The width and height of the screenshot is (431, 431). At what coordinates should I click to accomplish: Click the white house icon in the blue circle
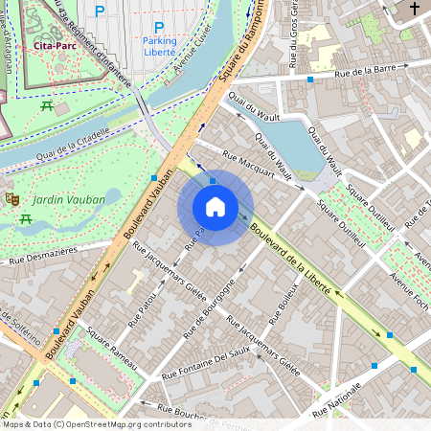[215, 207]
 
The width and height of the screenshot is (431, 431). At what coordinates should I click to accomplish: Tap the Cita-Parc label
[54, 45]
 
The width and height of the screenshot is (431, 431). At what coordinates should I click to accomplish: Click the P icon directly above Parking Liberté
[159, 28]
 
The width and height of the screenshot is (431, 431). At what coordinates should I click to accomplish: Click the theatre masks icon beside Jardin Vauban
[12, 197]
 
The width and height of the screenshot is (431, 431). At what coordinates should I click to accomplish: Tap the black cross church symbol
[414, 10]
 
